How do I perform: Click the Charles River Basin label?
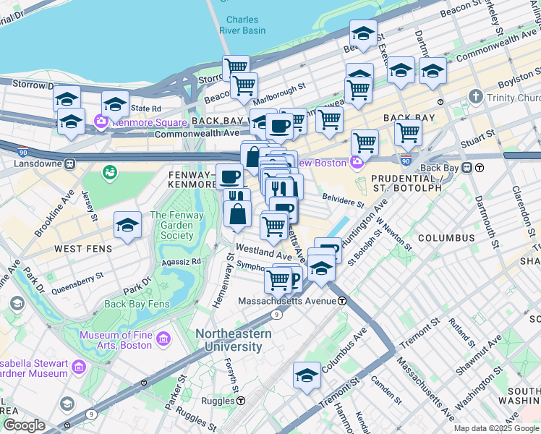(245, 25)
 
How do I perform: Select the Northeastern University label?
(233, 340)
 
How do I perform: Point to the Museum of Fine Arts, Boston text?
(116, 340)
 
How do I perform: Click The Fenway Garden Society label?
(172, 225)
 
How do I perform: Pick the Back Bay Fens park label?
(137, 304)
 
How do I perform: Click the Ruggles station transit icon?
(241, 400)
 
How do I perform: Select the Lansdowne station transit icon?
(70, 164)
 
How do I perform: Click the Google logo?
(24, 425)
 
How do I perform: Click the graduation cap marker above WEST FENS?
(127, 226)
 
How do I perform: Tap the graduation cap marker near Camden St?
(307, 376)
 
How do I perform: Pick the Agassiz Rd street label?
(180, 261)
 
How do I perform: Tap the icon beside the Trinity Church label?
(476, 97)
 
